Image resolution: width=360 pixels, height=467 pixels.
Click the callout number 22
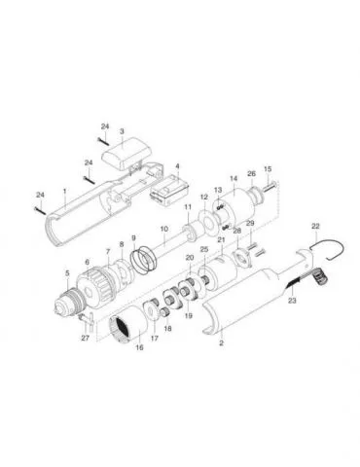click(x=315, y=227)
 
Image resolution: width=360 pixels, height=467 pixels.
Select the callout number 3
click(x=122, y=131)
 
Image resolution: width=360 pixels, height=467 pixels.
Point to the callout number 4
click(x=177, y=165)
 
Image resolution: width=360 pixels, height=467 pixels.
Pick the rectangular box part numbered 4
click(x=169, y=190)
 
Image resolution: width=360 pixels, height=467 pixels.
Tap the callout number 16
click(x=139, y=347)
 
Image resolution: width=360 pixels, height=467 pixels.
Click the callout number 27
click(x=85, y=338)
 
